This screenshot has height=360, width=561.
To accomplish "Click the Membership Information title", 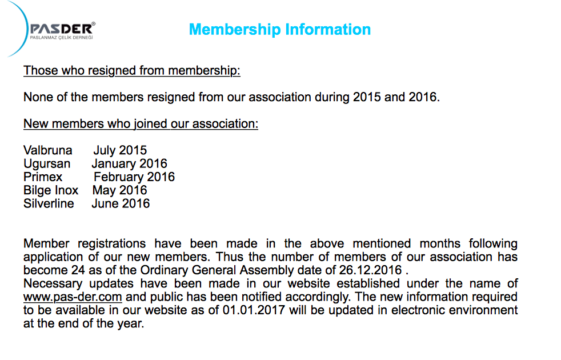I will [279, 30].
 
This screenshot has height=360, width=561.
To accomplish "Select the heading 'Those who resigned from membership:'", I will [132, 71].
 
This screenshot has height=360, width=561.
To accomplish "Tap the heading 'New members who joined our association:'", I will [141, 123].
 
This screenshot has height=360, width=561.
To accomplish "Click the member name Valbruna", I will [48, 150].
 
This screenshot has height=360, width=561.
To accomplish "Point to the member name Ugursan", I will [47, 164].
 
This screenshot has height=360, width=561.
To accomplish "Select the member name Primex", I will [43, 177].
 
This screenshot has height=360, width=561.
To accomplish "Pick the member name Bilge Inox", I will [51, 190].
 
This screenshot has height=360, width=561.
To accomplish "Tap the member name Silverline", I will [49, 203].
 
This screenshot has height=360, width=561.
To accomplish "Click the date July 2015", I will [120, 150].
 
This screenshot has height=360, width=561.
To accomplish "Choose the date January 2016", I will [129, 164].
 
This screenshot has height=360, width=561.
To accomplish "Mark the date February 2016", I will [134, 177].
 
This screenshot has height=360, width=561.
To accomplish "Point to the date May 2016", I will [119, 190].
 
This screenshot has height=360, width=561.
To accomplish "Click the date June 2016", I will [121, 203].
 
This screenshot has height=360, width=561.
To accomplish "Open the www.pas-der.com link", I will [73, 297].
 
